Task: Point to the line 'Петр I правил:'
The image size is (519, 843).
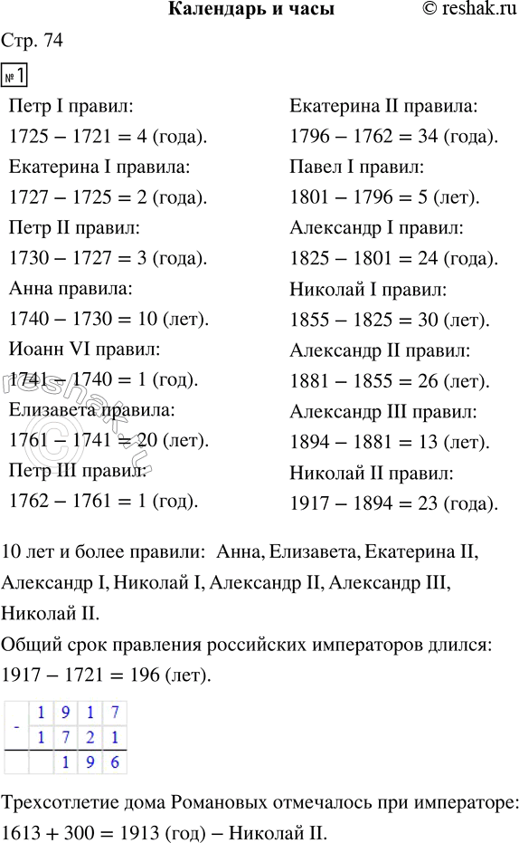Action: [71, 107]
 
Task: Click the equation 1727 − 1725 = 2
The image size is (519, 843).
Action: [107, 197]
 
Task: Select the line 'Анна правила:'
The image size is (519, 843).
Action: [70, 289]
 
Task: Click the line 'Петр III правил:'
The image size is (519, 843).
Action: [77, 471]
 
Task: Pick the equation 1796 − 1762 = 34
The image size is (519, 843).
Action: [394, 138]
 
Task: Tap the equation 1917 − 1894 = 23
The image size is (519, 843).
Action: [394, 503]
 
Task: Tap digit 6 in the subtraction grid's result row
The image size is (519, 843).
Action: [113, 762]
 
